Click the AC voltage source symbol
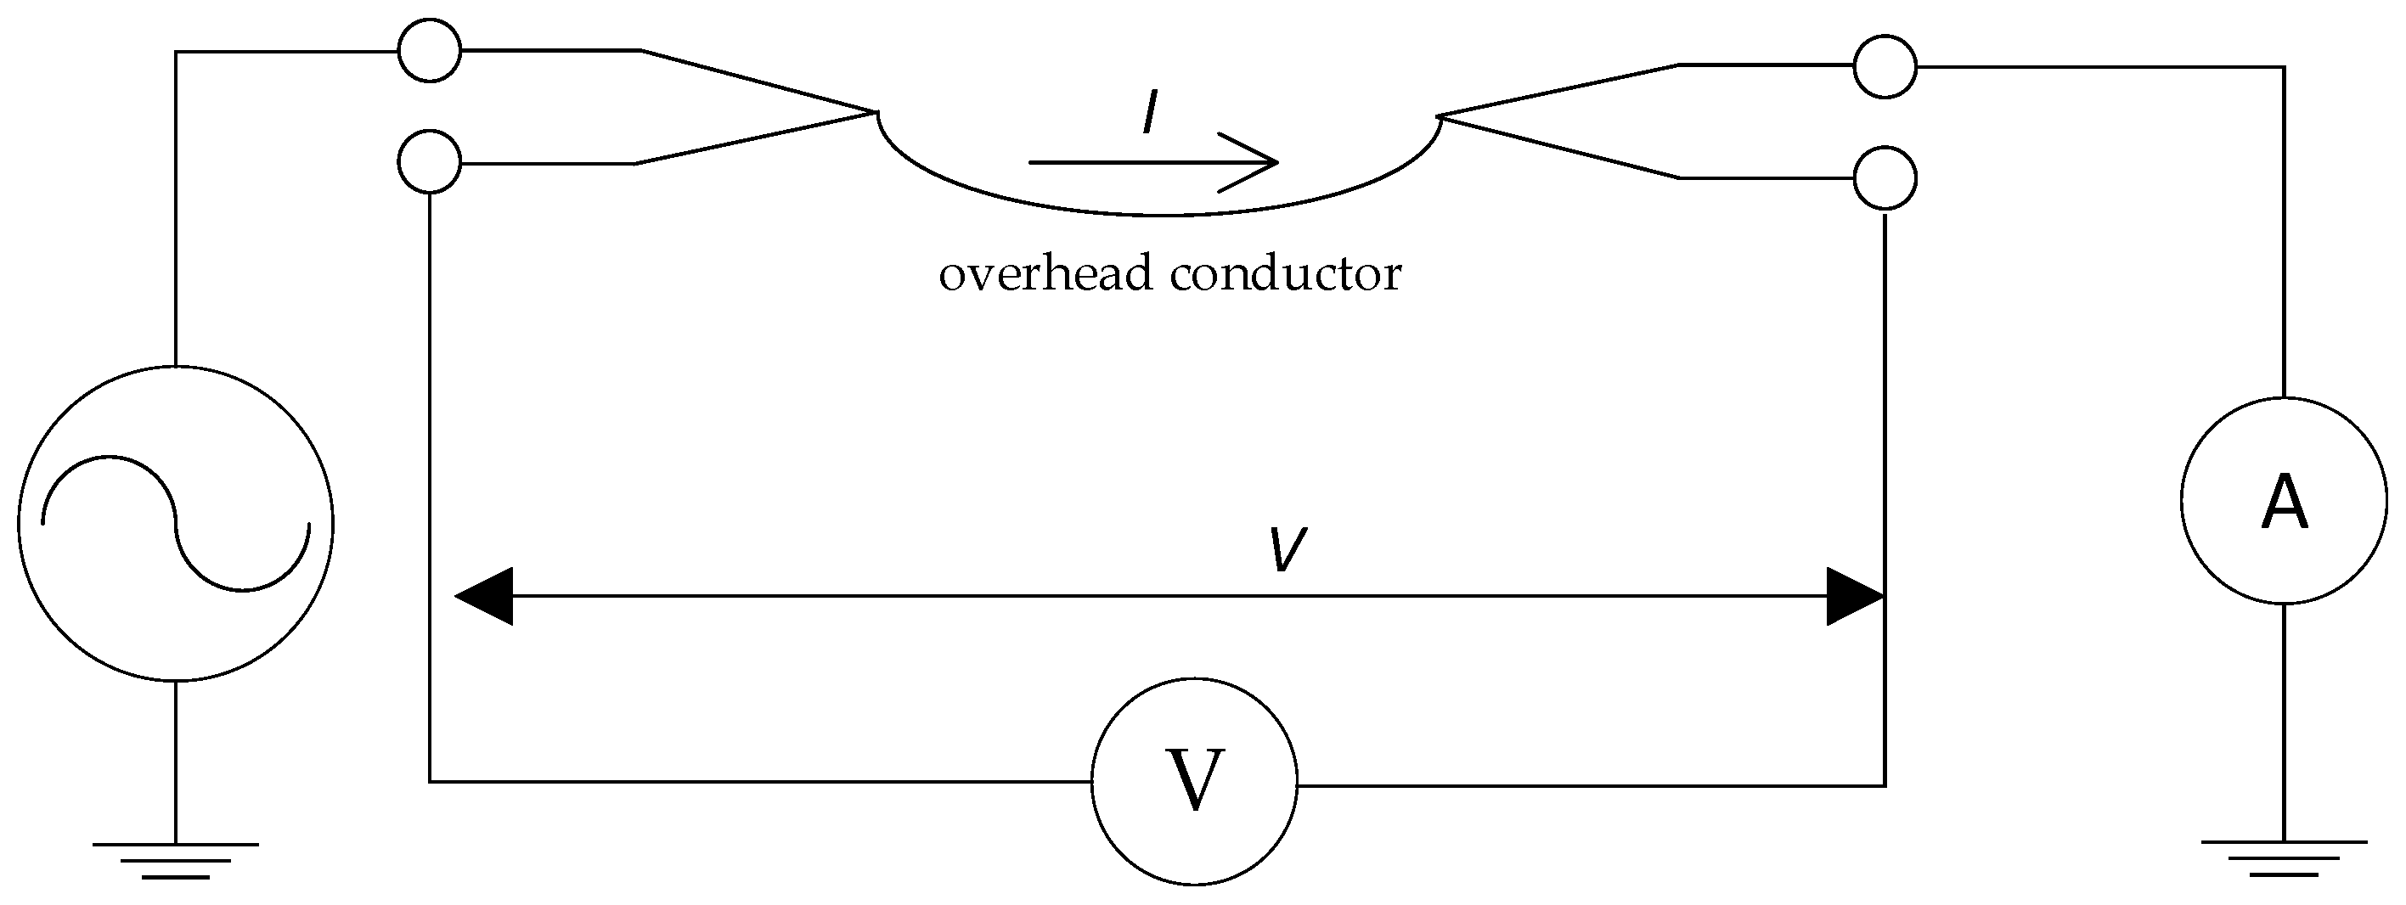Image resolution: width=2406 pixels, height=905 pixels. click(x=176, y=523)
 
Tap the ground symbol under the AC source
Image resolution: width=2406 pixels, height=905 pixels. click(x=176, y=860)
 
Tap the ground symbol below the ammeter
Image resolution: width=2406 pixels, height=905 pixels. click(x=2283, y=857)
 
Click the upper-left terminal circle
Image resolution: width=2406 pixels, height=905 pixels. click(x=430, y=50)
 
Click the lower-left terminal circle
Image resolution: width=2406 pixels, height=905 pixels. click(x=430, y=162)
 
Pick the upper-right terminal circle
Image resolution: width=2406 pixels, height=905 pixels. click(x=1885, y=66)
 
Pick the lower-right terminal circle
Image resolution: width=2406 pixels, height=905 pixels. click(x=1885, y=177)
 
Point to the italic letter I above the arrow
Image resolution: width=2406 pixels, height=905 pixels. click(x=1151, y=114)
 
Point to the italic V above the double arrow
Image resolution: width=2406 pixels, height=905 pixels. click(x=1287, y=550)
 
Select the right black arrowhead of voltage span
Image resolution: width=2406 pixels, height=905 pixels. click(x=1853, y=596)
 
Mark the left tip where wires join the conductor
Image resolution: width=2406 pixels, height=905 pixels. click(x=876, y=113)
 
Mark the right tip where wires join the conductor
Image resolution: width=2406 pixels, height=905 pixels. click(x=1439, y=115)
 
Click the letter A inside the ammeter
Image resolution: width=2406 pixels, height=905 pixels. click(x=2285, y=503)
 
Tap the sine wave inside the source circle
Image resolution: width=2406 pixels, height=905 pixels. click(x=176, y=523)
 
